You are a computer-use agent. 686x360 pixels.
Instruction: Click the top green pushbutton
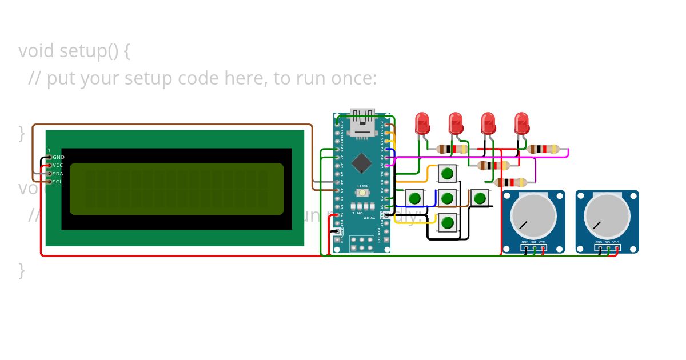point(448,173)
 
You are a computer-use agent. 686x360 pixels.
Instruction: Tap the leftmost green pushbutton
point(415,198)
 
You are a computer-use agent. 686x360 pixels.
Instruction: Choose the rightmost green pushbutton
point(480,198)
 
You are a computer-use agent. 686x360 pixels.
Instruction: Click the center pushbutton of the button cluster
point(448,198)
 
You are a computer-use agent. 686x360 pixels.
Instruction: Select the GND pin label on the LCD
point(58,157)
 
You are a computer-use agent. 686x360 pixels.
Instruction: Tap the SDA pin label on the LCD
point(58,174)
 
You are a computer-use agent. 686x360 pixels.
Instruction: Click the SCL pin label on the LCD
point(57,182)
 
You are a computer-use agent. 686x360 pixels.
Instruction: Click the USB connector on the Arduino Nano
point(362,122)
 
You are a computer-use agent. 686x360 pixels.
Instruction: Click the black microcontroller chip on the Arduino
point(362,162)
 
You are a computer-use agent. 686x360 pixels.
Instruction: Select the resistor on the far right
point(543,149)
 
